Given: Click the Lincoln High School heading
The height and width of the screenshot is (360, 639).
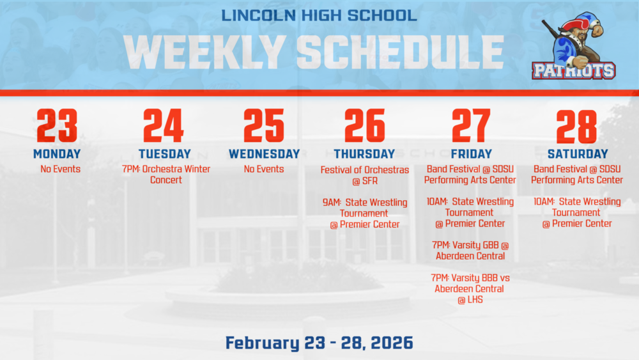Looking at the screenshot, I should click(x=319, y=15).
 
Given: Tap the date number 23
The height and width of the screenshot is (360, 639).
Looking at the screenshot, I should click(x=57, y=126).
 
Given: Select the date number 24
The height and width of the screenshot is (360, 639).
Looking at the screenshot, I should click(x=164, y=126).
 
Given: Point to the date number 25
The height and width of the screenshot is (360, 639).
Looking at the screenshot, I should click(x=263, y=126).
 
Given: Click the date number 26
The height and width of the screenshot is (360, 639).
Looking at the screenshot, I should click(x=364, y=126).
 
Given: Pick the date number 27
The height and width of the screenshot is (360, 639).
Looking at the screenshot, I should click(x=471, y=126).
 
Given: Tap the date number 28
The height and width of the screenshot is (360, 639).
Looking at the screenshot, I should click(x=576, y=126).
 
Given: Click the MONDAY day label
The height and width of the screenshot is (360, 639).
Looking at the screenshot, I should click(x=57, y=154).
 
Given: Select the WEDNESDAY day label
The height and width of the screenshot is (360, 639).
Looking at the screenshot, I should click(x=264, y=154).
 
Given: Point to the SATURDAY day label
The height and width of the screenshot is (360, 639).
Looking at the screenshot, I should click(x=576, y=154).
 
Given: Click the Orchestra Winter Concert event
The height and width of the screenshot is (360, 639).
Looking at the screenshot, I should click(x=166, y=175).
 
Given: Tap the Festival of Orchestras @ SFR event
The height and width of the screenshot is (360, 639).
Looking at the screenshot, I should click(x=364, y=175).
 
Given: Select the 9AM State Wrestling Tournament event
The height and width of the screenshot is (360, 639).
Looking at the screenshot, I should click(x=365, y=213).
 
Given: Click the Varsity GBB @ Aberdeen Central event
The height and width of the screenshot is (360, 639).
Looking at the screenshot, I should click(x=470, y=251).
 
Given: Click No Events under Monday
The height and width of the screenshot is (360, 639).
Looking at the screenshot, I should click(x=61, y=169).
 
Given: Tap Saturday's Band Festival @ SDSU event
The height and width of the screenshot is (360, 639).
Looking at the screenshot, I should click(x=576, y=175).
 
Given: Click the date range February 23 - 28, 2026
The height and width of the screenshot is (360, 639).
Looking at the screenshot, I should click(x=319, y=343).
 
